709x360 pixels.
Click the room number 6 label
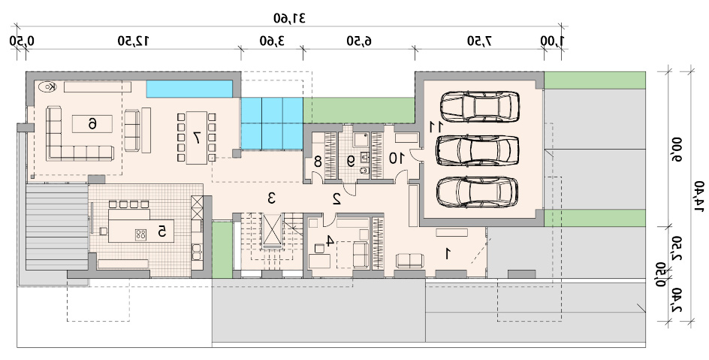(x=92, y=123)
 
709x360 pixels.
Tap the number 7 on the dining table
(x=197, y=137)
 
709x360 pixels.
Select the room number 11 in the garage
(x=435, y=127)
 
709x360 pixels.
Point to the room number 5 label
(x=162, y=231)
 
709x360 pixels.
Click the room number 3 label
(x=271, y=198)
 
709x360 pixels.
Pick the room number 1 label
(x=448, y=254)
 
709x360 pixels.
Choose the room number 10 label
(x=396, y=159)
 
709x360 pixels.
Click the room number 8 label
(x=318, y=161)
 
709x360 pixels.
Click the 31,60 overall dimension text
(x=289, y=18)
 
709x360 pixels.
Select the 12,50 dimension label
(x=134, y=41)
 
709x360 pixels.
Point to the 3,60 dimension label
(x=272, y=41)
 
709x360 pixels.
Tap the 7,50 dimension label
(x=479, y=41)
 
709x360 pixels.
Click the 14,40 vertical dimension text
(x=699, y=196)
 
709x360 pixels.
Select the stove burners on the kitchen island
(x=140, y=234)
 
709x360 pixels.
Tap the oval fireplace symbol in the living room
(x=47, y=87)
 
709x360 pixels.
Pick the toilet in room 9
(x=364, y=171)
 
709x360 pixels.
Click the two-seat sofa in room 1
(x=409, y=261)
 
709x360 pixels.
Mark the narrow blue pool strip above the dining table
(x=189, y=89)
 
